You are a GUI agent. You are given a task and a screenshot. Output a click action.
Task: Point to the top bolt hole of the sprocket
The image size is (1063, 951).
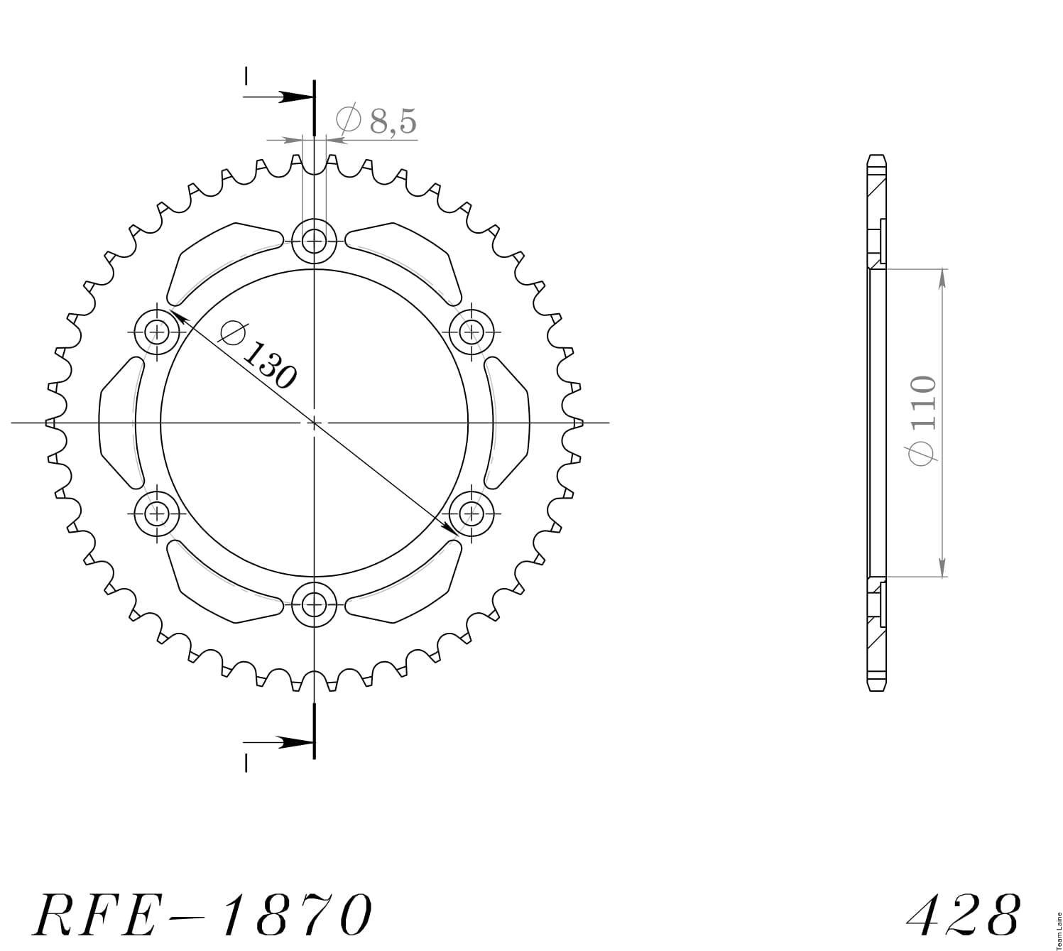pos(314,241)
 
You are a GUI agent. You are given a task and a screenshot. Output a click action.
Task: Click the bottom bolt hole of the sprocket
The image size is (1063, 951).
pos(314,604)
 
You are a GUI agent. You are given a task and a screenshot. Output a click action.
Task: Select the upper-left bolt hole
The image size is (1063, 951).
pos(156,332)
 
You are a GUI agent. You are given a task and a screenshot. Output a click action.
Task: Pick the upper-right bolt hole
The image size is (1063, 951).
pos(471,332)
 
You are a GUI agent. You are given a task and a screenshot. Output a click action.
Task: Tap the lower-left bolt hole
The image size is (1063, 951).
pos(156,513)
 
